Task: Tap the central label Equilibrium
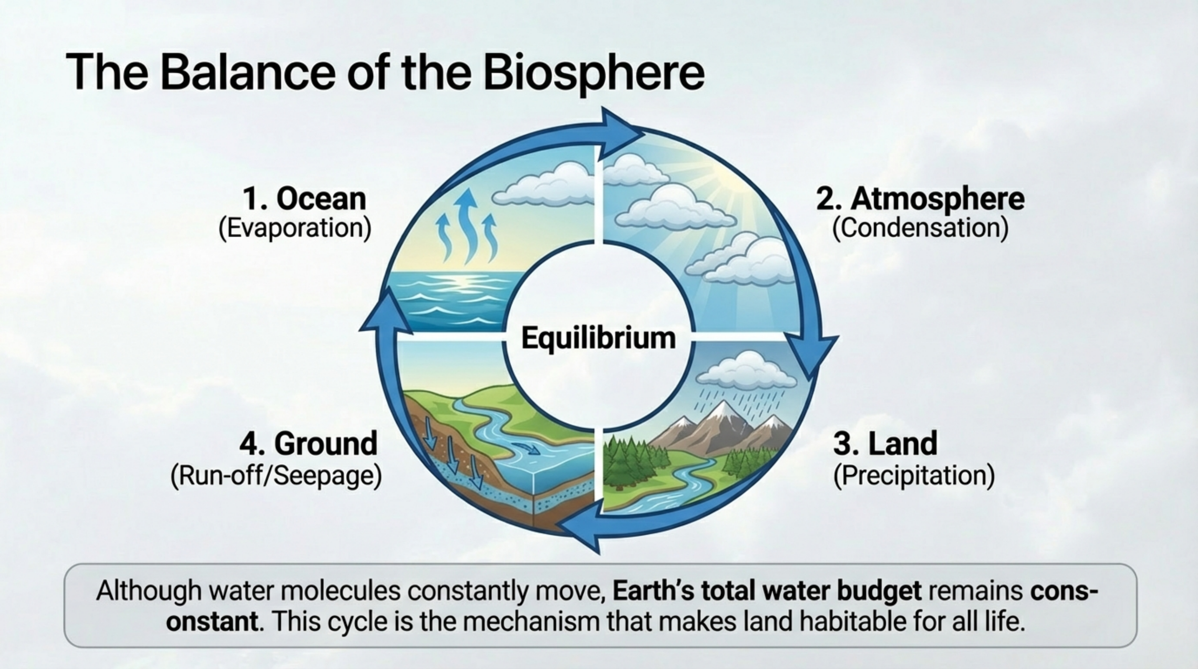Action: point(598,338)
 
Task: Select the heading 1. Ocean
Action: point(305,199)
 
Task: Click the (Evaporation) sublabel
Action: point(295,228)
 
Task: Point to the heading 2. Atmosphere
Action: point(921,199)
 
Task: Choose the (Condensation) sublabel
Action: point(921,228)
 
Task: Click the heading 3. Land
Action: point(885,443)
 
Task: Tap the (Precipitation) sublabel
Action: point(914,476)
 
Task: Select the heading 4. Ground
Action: point(308,443)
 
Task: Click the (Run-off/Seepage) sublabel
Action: point(276,476)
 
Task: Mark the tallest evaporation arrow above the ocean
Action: point(466,226)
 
